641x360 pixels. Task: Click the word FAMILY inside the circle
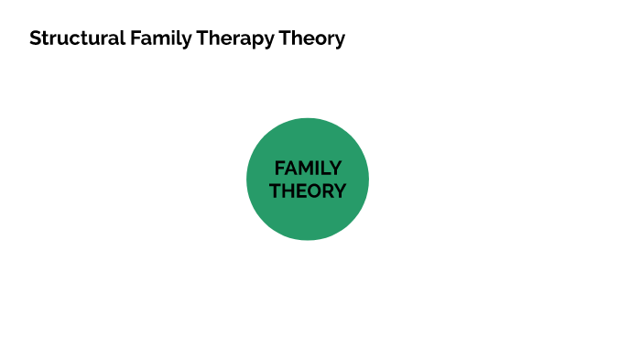click(308, 169)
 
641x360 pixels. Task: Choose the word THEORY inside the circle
click(308, 191)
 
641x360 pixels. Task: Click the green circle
click(308, 220)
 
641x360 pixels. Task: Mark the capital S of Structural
click(35, 38)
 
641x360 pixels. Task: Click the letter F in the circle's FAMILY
click(279, 169)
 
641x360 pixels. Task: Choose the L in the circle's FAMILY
click(326, 169)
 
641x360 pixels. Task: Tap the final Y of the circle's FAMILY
click(336, 169)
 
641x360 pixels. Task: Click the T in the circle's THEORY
click(275, 191)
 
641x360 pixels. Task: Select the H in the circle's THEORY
click(288, 191)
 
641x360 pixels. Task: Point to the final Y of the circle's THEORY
click(341, 191)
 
